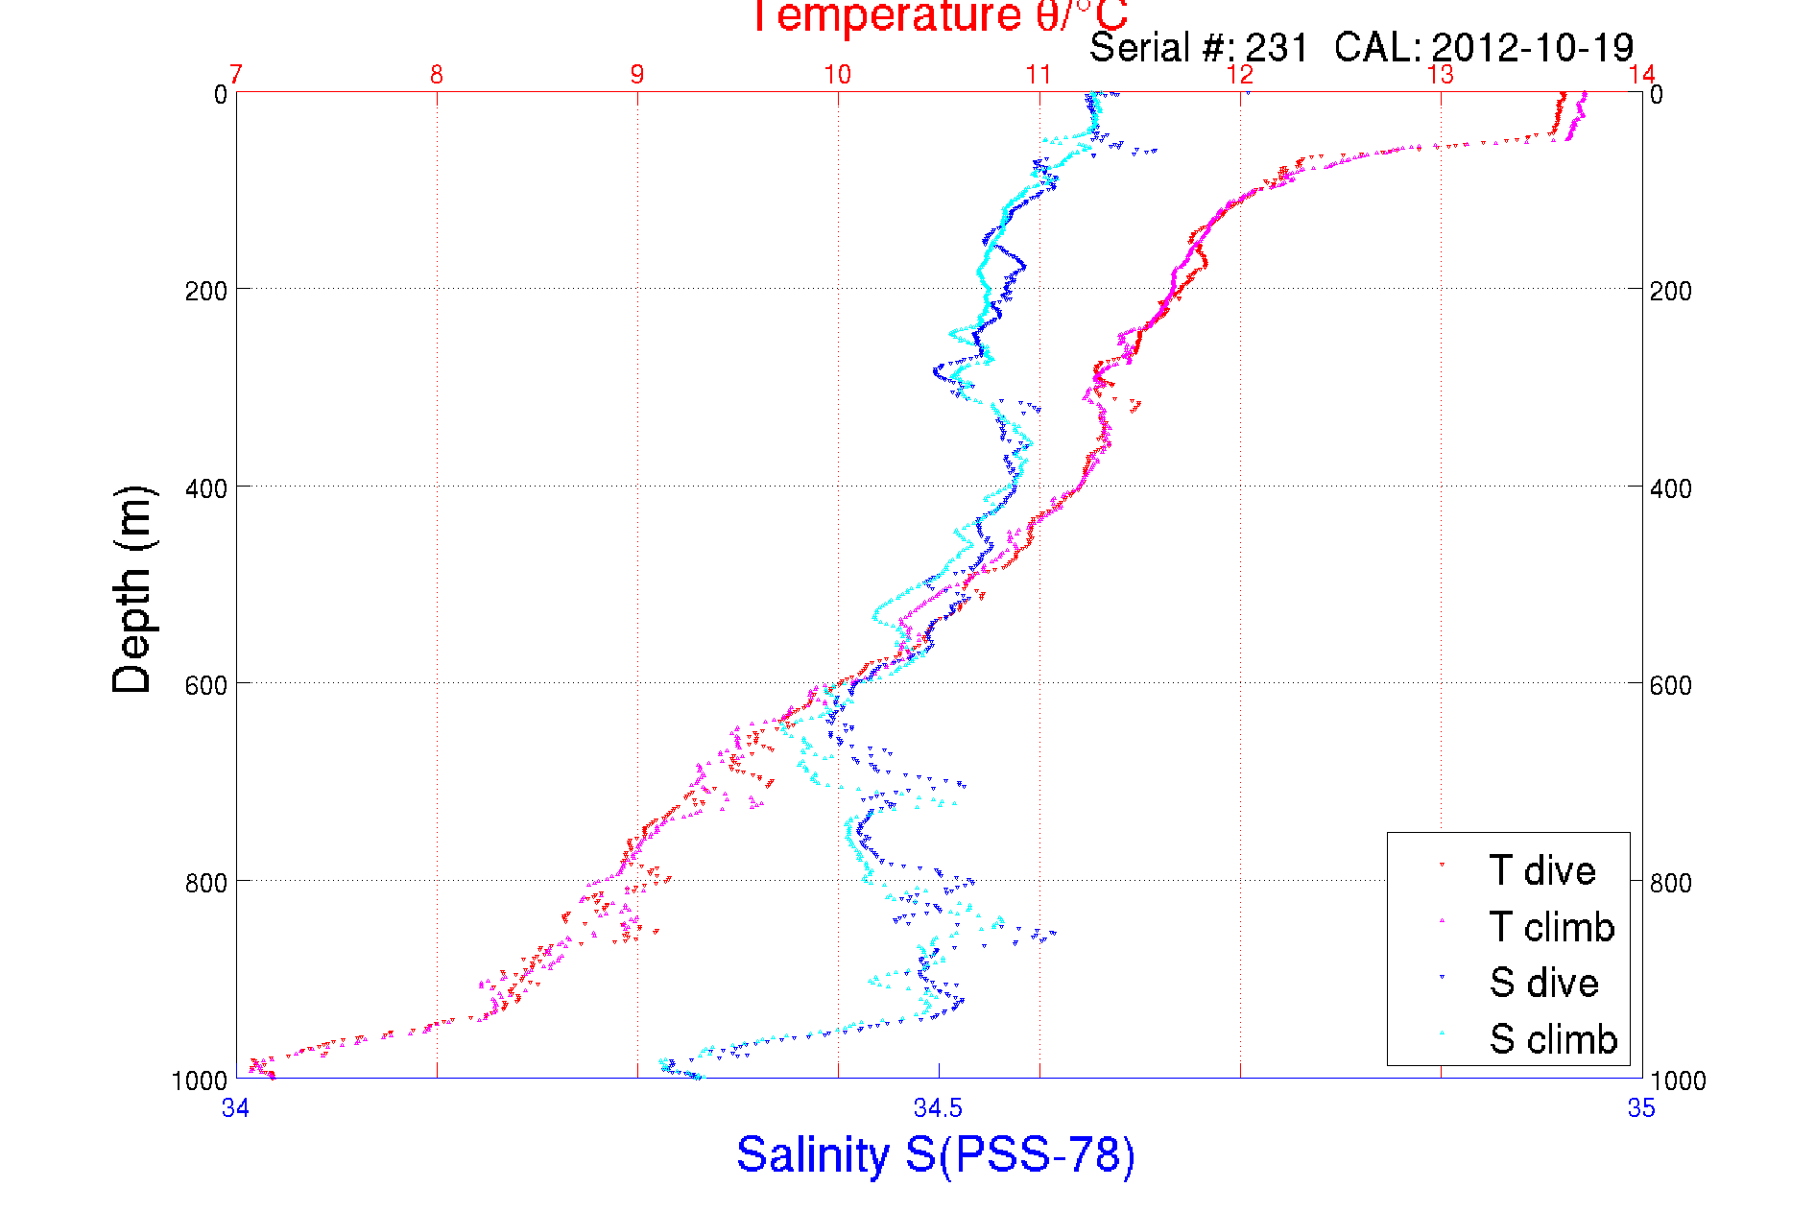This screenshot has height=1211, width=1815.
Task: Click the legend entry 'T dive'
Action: point(1541,870)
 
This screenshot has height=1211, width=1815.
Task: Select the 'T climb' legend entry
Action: point(1551,927)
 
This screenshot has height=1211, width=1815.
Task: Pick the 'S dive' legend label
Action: point(1543,983)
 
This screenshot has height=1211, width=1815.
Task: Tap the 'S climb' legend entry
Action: point(1553,1039)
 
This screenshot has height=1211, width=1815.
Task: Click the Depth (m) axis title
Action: point(132,589)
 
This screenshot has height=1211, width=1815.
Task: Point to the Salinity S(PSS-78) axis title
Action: point(936,1153)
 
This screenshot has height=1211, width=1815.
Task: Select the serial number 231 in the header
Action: point(1278,47)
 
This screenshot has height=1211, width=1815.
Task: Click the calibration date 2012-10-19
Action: point(1533,47)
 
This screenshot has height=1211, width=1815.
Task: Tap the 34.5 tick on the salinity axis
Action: point(938,1108)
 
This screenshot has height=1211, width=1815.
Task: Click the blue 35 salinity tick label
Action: point(1641,1108)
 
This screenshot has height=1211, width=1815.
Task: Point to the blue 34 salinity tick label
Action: point(236,1108)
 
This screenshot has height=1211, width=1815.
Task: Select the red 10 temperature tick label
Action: point(838,75)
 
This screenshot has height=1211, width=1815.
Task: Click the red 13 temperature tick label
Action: point(1441,75)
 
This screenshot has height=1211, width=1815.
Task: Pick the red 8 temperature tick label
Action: point(437,75)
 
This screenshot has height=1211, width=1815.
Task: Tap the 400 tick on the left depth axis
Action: point(206,487)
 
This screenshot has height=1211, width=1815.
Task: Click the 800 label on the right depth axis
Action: point(1670,882)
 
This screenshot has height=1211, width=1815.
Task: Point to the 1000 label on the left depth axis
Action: point(200,1080)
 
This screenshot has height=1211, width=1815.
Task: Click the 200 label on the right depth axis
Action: point(1670,290)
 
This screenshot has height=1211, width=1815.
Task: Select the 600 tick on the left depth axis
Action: point(206,684)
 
